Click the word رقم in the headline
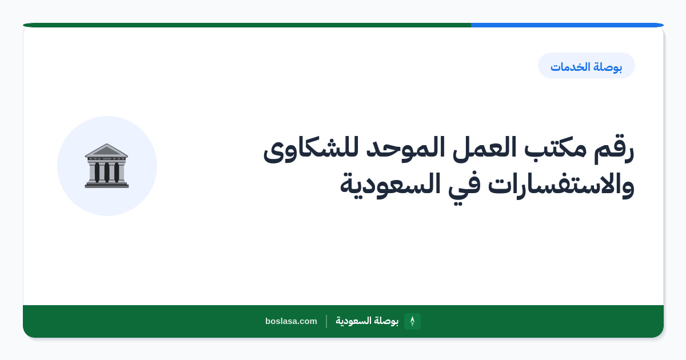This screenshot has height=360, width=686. coord(615,149)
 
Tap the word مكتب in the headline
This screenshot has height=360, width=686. coord(555,148)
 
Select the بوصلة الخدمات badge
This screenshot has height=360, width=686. coord(586,66)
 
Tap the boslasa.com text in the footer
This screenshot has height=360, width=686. coord(291,321)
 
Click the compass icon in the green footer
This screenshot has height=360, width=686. coord(412,321)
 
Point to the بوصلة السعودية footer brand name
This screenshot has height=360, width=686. coord(367,321)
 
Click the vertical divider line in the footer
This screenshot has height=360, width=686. coord(326,321)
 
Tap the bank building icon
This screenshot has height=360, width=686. coord(106,166)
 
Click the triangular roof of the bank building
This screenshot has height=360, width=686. coord(106,150)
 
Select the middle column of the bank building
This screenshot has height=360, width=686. coord(106,172)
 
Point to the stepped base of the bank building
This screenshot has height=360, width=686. coord(106,185)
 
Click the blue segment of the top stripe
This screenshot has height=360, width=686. coord(567,25)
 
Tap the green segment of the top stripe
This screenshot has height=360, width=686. coord(247,25)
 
